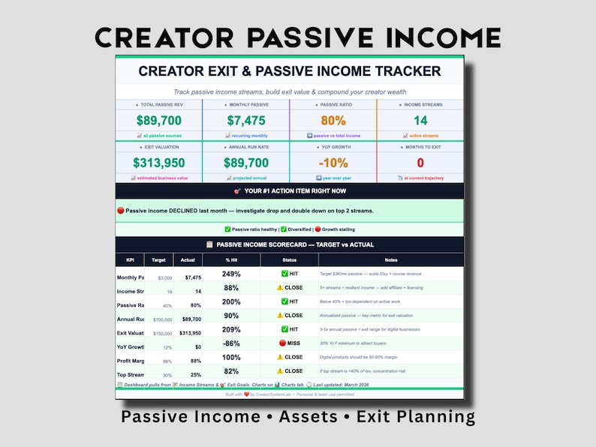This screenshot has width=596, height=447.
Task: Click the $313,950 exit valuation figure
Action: click(x=158, y=163)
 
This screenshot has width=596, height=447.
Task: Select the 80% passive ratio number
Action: click(x=333, y=120)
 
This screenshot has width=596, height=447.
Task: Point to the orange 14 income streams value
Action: click(x=420, y=120)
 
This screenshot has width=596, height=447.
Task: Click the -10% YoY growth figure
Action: click(x=333, y=163)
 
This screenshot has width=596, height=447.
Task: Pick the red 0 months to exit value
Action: click(x=420, y=163)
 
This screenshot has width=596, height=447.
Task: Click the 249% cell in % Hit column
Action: click(x=231, y=274)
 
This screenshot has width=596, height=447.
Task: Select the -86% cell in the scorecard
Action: click(x=231, y=343)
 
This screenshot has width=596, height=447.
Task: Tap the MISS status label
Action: click(x=289, y=343)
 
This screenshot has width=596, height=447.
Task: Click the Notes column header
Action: click(x=390, y=259)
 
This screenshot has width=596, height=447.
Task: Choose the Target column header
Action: click(x=158, y=259)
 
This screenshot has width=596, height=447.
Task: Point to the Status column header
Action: click(x=289, y=259)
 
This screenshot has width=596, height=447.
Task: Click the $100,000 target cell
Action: click(x=162, y=319)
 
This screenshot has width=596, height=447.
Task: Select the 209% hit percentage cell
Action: click(x=231, y=329)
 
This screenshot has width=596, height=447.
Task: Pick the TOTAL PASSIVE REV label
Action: click(x=158, y=105)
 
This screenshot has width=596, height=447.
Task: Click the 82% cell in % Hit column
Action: click(x=231, y=371)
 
